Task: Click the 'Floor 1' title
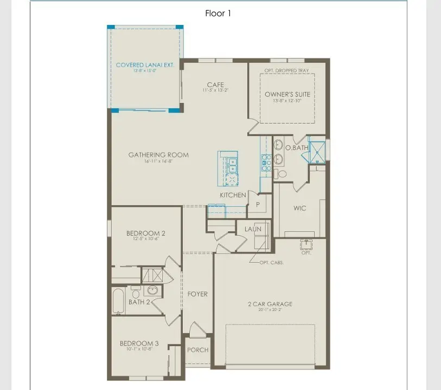click(218, 14)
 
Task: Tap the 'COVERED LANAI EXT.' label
click(145, 65)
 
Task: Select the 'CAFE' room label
click(215, 85)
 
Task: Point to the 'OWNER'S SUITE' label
click(287, 94)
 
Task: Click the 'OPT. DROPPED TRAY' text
click(287, 71)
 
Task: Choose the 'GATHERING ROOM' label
click(158, 155)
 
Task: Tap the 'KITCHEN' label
click(233, 195)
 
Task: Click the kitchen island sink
click(232, 164)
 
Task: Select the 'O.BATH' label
click(297, 148)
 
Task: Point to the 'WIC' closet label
click(300, 208)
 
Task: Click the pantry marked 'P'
click(257, 205)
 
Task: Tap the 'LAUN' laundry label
click(253, 229)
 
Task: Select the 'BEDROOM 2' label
click(146, 233)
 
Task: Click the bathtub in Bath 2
click(118, 301)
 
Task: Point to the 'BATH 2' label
click(139, 302)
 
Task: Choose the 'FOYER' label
click(197, 294)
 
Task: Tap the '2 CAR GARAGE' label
click(270, 304)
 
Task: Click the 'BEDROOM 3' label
click(139, 343)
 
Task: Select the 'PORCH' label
click(197, 350)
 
